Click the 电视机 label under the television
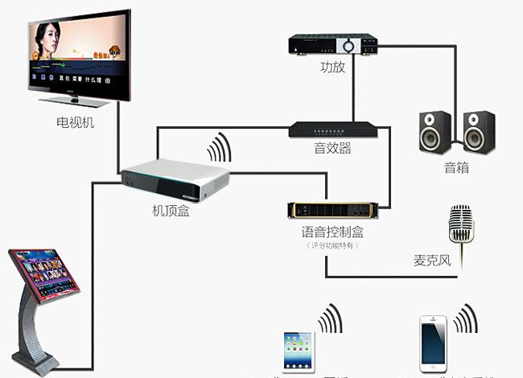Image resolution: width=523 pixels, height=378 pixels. point(75,122)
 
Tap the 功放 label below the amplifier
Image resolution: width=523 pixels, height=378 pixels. point(332,68)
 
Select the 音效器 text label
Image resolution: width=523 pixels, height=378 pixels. point(332,149)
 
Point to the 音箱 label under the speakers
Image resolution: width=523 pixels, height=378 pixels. point(456,168)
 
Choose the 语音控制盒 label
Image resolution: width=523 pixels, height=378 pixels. point(332,232)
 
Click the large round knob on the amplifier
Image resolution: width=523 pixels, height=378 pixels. point(350,45)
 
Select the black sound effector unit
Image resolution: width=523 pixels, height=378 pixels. point(333,129)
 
